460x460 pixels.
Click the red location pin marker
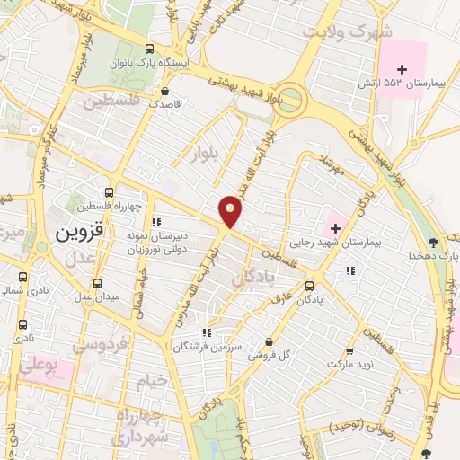point(231,211)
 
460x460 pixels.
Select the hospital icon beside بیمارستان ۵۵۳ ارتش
point(402,68)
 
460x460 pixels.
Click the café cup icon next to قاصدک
point(163,90)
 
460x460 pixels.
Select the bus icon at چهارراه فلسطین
point(109,192)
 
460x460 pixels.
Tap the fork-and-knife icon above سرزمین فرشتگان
point(208,331)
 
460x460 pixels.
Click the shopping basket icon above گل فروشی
point(270,341)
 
